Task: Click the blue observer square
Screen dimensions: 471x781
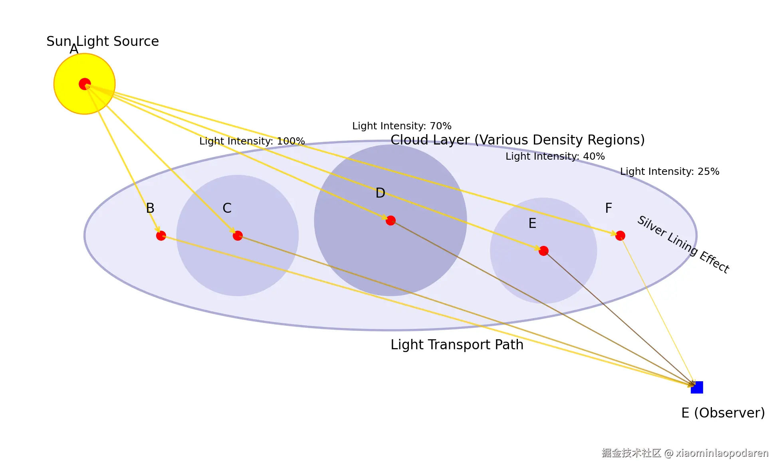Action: point(697,387)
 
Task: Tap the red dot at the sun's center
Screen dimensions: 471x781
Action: point(85,84)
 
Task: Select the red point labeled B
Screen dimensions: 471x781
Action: point(161,236)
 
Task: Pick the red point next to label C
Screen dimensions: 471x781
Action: point(238,236)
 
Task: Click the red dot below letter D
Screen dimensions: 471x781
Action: point(390,220)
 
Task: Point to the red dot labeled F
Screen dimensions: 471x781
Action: point(620,236)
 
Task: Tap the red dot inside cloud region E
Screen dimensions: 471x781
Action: point(543,251)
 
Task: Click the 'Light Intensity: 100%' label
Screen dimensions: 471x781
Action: point(252,141)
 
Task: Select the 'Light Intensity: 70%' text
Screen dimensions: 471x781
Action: point(402,126)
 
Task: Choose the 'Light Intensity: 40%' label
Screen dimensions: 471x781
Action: point(555,156)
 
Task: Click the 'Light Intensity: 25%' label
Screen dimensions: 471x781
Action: point(670,172)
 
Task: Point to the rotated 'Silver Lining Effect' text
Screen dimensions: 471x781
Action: point(683,244)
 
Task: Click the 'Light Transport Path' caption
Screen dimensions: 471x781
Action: point(457,344)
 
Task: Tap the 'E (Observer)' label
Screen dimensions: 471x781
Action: point(723,413)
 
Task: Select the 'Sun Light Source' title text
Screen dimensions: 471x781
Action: point(103,41)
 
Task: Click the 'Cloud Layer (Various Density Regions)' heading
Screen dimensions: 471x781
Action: point(517,140)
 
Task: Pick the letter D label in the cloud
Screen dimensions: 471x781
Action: point(380,193)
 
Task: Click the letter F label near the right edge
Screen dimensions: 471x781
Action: point(609,208)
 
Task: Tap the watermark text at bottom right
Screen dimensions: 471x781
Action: point(685,453)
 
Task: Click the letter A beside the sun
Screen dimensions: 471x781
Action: point(74,49)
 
